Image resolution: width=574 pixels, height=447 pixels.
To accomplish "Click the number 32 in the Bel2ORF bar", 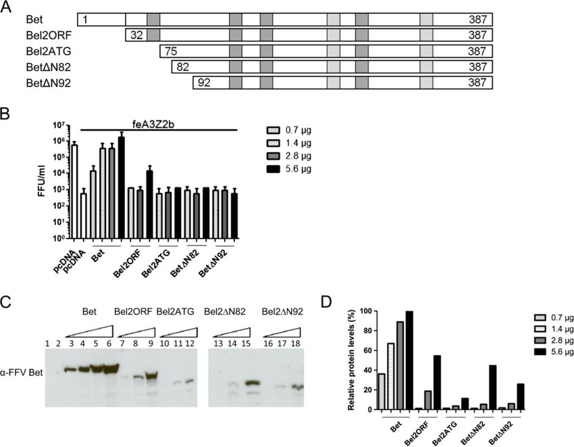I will (x=137, y=34).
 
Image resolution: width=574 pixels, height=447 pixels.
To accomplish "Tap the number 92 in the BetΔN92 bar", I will (x=205, y=83).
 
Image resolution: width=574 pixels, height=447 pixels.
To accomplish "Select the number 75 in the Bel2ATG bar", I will (x=172, y=51).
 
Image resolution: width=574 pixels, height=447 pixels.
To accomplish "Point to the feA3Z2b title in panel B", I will (x=159, y=122).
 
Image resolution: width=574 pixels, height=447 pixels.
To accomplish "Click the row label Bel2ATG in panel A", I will (x=46, y=51).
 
